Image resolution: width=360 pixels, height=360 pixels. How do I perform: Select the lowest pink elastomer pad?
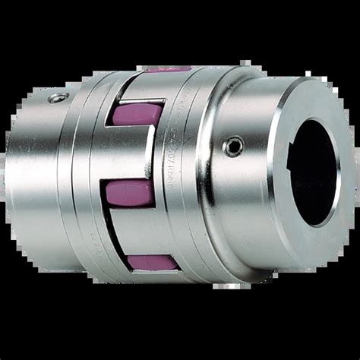153,262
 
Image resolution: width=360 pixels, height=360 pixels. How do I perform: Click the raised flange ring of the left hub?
87,175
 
